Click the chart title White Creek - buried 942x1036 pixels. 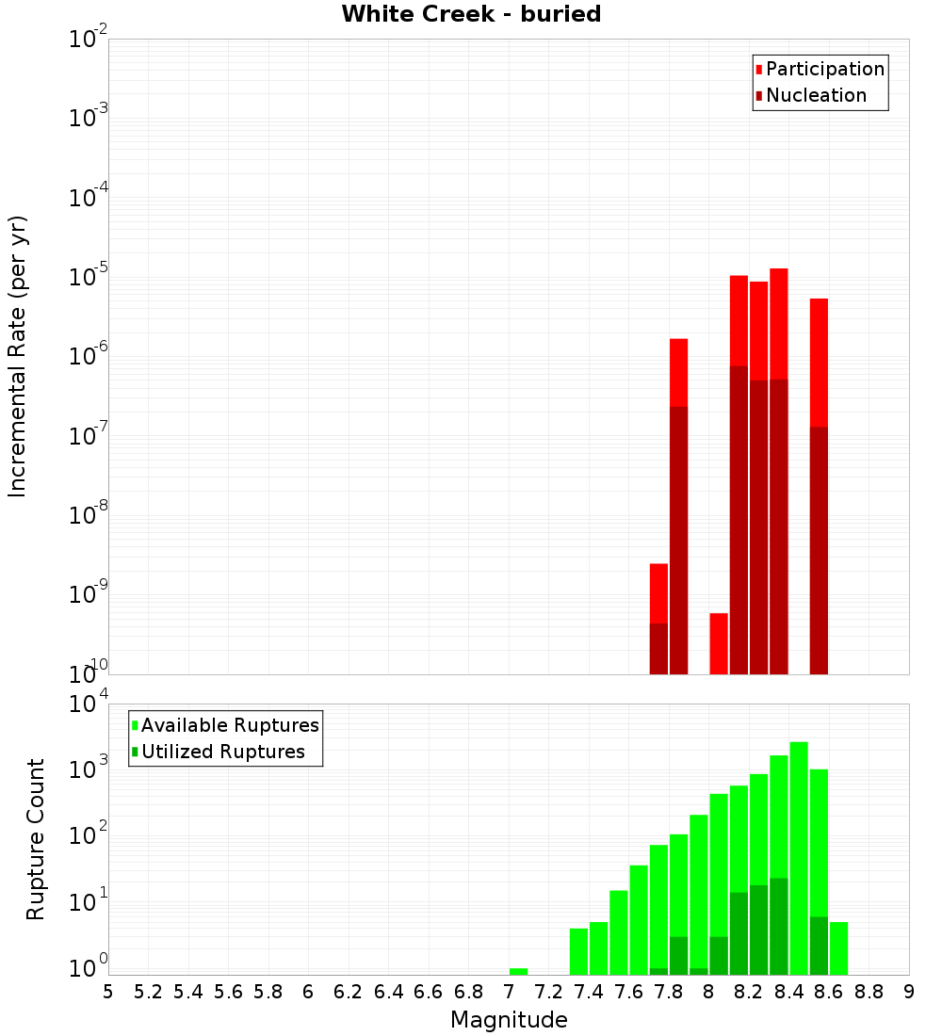[x=471, y=14]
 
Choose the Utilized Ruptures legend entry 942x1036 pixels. [x=222, y=752]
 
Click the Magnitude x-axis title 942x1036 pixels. [x=509, y=1020]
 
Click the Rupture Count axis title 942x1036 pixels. [x=36, y=838]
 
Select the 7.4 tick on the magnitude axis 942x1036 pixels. [x=589, y=992]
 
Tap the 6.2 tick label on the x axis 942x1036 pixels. [x=349, y=992]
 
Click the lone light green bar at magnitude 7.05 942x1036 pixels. [x=518, y=971]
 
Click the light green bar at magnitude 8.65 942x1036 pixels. [x=838, y=947]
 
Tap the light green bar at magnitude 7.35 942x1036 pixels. [x=578, y=951]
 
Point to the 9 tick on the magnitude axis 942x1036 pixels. [x=909, y=992]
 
